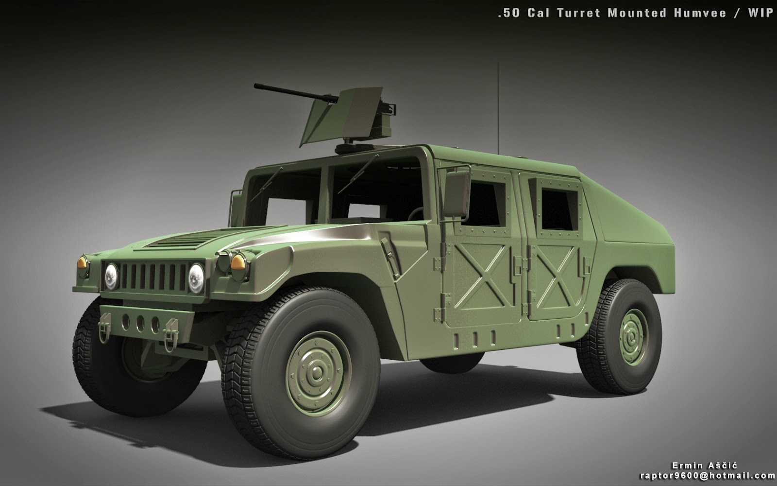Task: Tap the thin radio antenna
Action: (x=498, y=108)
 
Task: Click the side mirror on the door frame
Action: (x=456, y=193)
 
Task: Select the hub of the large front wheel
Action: (x=318, y=374)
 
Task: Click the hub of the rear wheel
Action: (x=633, y=337)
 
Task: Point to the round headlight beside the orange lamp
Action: (x=196, y=278)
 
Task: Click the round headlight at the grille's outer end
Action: (x=111, y=277)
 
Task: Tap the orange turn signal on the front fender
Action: (x=238, y=262)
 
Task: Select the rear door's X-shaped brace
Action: (x=557, y=277)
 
